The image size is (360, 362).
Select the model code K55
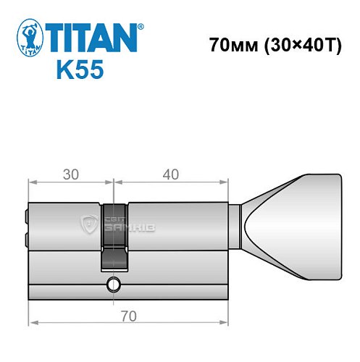(x=80, y=70)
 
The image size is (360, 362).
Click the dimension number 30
(x=70, y=174)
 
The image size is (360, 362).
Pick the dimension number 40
(x=171, y=174)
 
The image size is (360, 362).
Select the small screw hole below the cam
(x=113, y=283)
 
